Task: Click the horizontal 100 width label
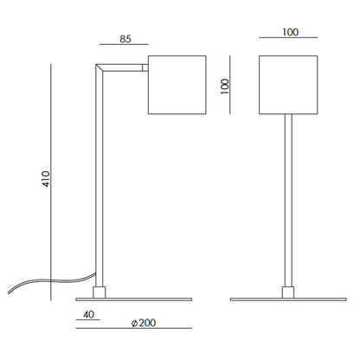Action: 290,33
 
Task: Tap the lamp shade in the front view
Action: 289,85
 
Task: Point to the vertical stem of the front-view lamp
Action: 289,199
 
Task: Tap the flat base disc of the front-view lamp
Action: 289,299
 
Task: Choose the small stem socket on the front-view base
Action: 289,290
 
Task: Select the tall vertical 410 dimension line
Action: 54,180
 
